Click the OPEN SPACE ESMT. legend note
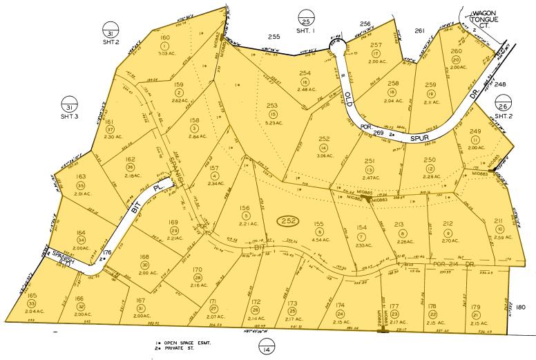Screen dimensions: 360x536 tap(191, 343)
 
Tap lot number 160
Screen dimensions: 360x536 tap(164, 37)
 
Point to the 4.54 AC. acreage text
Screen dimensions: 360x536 tap(318, 241)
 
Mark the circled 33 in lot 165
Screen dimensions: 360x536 tap(31, 303)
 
